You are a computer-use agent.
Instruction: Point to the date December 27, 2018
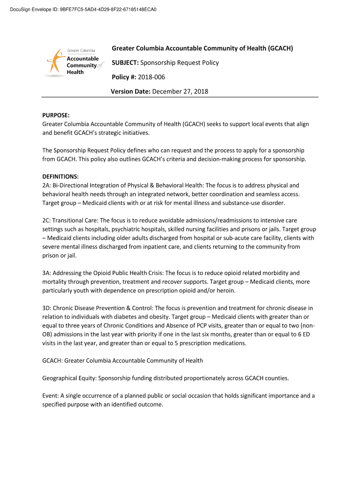tap(180, 92)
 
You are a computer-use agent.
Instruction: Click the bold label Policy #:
tap(124, 77)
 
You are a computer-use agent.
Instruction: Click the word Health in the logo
tap(75, 72)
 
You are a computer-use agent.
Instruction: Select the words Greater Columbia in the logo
tap(81, 51)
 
